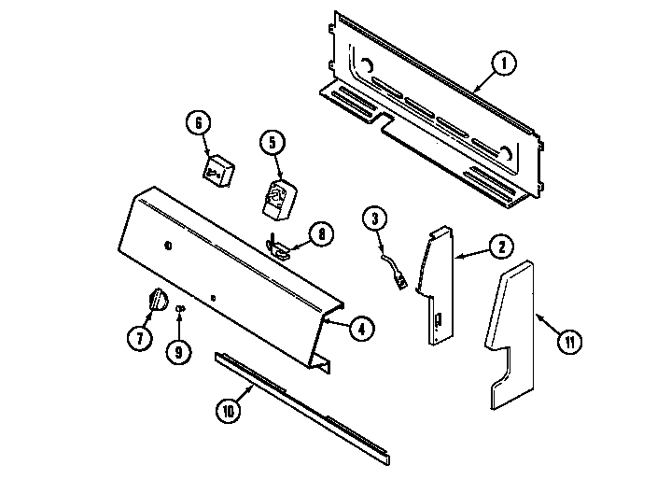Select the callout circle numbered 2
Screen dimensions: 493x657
(500, 247)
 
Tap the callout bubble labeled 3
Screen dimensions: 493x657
(373, 220)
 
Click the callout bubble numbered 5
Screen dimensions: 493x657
(272, 143)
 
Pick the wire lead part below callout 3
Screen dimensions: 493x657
(397, 271)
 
